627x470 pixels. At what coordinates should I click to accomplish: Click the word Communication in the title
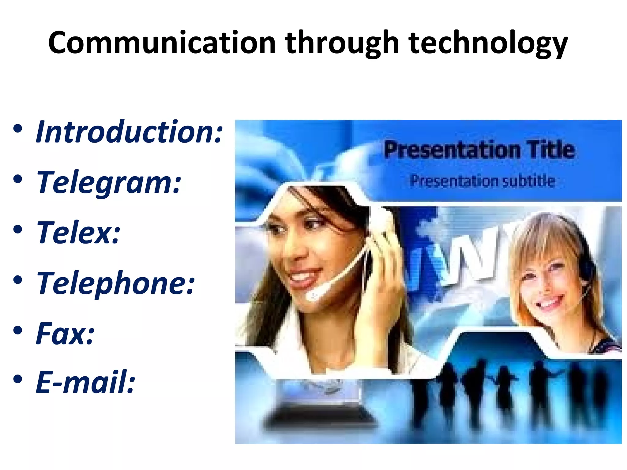click(162, 43)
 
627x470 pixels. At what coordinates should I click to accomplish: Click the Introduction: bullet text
click(129, 132)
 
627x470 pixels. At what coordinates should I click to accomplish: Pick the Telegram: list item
click(109, 182)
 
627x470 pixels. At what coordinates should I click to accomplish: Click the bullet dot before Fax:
click(18, 330)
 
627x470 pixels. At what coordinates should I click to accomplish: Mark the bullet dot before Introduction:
click(18, 129)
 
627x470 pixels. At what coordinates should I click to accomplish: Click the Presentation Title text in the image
click(479, 150)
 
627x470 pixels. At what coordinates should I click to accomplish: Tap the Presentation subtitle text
click(482, 181)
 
